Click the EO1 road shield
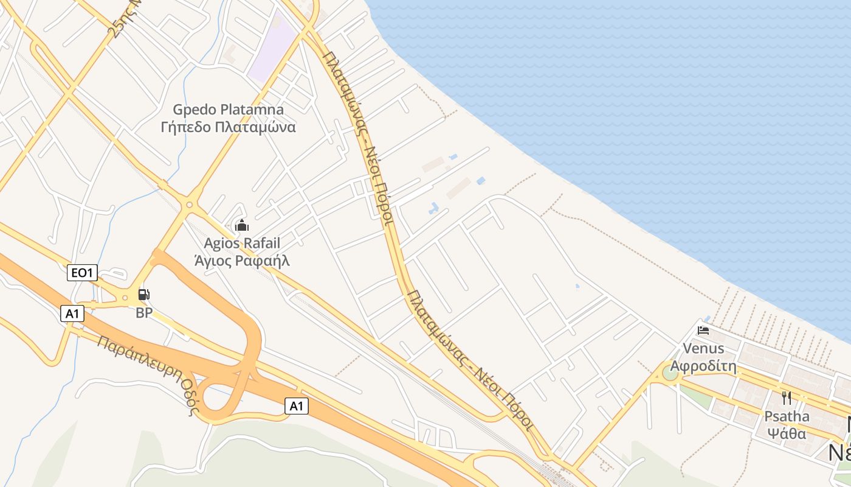click(82, 273)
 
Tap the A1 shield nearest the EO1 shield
click(72, 314)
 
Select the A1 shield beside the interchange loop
click(297, 406)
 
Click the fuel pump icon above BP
click(144, 295)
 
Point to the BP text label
click(144, 314)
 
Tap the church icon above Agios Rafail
click(242, 226)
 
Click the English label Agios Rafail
click(242, 243)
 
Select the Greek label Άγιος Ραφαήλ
click(242, 261)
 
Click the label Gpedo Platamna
click(229, 110)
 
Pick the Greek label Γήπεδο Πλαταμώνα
click(229, 127)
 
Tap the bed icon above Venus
click(704, 331)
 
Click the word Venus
click(704, 348)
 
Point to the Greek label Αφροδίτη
click(704, 366)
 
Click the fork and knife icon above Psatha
click(787, 398)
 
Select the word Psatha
click(787, 416)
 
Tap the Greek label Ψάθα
click(787, 434)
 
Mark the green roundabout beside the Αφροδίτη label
click(670, 373)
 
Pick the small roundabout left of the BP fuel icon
click(125, 298)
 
